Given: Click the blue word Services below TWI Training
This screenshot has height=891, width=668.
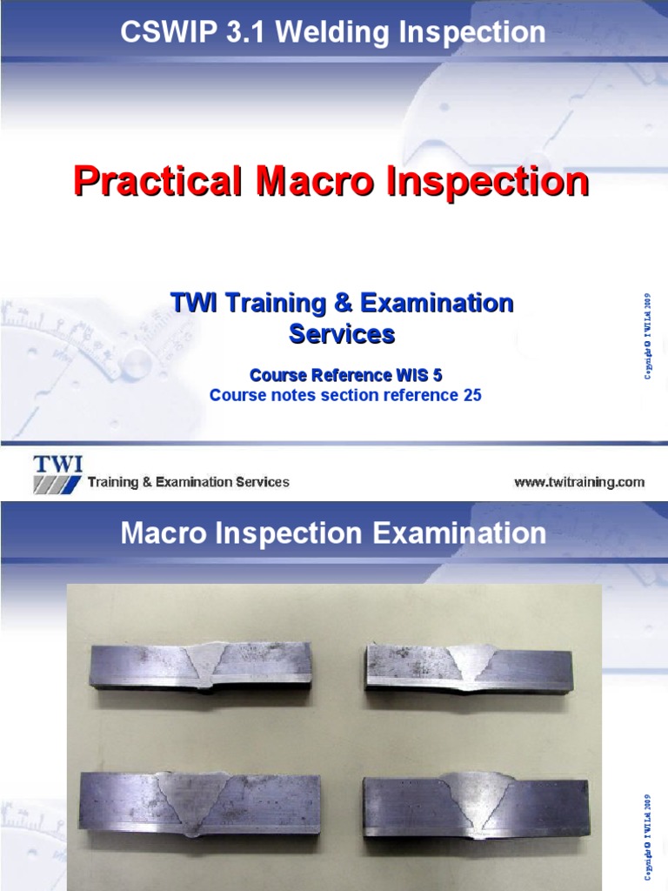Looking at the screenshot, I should click(341, 333).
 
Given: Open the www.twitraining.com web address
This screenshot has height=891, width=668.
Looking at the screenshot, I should click(578, 481).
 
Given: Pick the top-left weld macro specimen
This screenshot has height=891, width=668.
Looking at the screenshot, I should click(200, 667).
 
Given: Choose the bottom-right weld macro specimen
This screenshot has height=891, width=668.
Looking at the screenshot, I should click(476, 803).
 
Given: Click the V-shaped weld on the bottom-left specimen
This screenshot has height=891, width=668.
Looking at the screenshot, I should click(199, 799).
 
